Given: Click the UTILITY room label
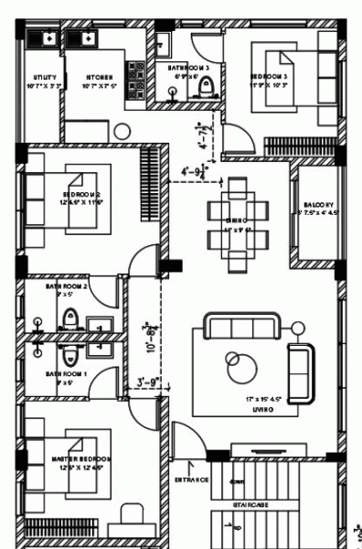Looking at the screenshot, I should (45, 78).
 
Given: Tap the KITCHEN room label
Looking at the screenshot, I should (100, 78).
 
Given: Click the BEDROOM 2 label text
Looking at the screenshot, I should (81, 195).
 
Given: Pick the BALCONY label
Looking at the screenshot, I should (317, 205).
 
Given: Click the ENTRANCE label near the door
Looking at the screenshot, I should (192, 479).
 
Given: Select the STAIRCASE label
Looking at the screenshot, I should (249, 502).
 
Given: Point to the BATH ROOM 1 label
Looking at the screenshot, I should (67, 373).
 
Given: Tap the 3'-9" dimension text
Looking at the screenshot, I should (147, 382).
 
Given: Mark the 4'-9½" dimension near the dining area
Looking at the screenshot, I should (196, 170).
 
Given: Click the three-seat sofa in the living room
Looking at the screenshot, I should (241, 328).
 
